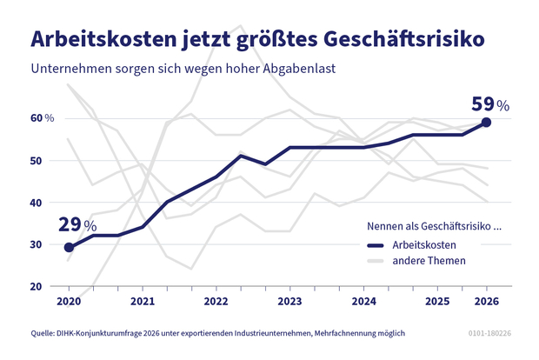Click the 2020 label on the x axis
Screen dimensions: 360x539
tap(70, 302)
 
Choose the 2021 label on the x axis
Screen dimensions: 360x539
tap(143, 302)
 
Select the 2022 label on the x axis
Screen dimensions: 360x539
tap(216, 302)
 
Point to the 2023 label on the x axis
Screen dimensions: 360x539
tap(289, 302)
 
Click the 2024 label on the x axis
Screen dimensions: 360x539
tap(363, 302)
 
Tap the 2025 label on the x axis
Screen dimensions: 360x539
tap(437, 302)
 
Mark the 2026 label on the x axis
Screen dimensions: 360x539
tap(486, 302)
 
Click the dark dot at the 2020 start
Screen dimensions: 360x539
tap(70, 248)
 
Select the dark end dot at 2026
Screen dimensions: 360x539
tap(487, 123)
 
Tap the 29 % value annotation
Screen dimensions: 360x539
tap(77, 225)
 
